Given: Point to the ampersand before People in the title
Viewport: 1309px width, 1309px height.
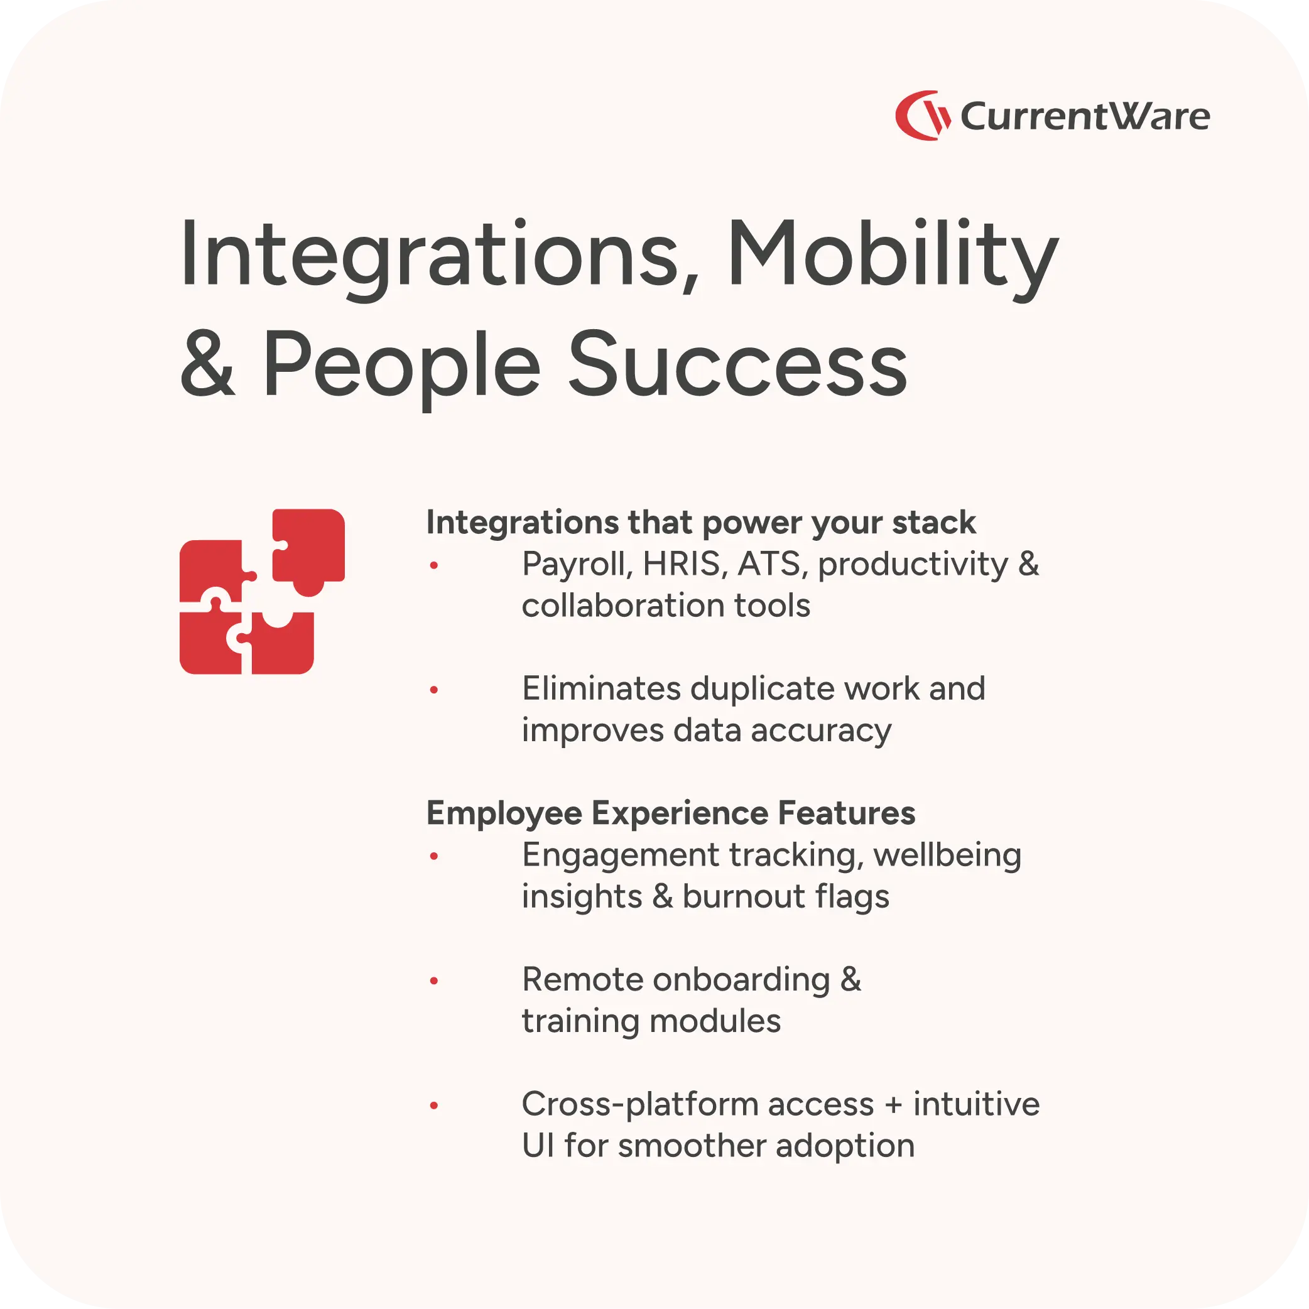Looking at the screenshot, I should (x=207, y=366).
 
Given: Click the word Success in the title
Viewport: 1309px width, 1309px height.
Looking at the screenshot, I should (x=737, y=366).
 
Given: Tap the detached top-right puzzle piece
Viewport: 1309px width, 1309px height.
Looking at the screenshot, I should (x=309, y=549).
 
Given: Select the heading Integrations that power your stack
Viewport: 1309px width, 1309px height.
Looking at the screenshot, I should (x=700, y=523).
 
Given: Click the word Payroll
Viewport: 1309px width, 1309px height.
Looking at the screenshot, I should (x=577, y=565).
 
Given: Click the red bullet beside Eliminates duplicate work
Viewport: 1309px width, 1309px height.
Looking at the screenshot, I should (x=434, y=690).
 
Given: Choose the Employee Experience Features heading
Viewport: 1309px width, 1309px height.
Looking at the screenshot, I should (x=670, y=813).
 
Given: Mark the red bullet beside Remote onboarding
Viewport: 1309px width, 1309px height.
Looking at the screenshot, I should (x=434, y=980).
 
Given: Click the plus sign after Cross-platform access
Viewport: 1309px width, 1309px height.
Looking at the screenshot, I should (x=894, y=1105).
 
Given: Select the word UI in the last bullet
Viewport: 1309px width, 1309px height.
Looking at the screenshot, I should (x=536, y=1146).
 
